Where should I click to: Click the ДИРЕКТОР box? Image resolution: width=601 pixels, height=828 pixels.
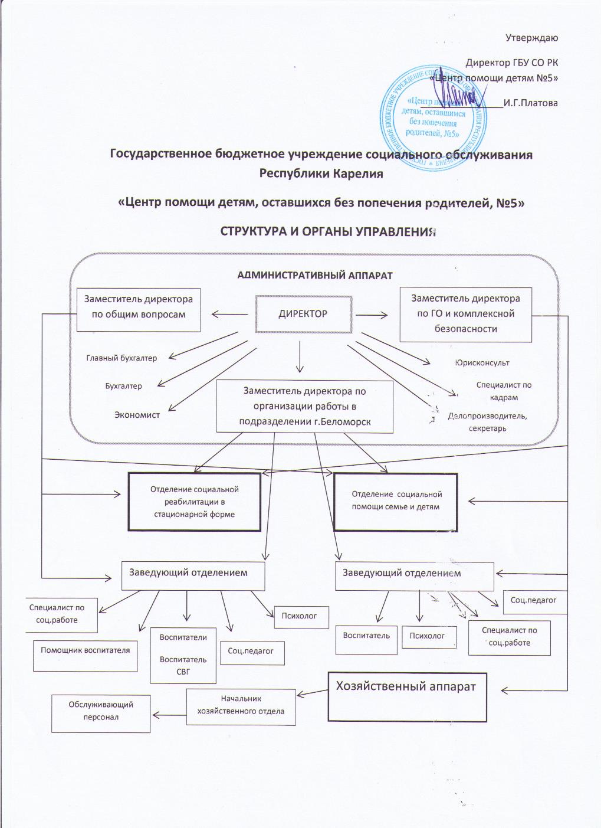303,314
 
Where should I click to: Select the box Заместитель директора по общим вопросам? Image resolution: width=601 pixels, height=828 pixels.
139,307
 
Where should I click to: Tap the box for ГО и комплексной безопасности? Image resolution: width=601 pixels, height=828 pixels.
466,314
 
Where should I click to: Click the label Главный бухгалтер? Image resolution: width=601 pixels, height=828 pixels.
121,358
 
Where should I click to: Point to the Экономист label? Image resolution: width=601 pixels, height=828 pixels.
137,415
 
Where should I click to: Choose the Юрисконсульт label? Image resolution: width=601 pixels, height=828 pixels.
482,363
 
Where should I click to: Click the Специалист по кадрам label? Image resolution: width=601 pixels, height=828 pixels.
504,391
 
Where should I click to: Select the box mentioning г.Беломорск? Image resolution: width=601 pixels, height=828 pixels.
304,406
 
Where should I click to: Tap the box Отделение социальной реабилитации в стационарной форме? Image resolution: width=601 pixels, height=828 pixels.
195,502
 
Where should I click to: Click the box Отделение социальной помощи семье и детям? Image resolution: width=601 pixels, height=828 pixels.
396,500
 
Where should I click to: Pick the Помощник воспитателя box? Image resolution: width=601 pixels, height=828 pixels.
85,655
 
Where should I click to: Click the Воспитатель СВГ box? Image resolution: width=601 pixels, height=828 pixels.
183,654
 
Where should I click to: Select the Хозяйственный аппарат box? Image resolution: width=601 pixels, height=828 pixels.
407,696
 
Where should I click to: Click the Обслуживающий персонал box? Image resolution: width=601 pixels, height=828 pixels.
101,712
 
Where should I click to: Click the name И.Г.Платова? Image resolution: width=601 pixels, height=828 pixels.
531,103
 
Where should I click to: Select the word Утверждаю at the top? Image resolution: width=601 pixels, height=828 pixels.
531,38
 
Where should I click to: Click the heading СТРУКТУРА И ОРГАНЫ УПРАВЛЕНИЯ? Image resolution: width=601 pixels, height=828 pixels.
328,231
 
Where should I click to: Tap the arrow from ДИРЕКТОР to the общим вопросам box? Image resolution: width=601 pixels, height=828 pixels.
231,314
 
